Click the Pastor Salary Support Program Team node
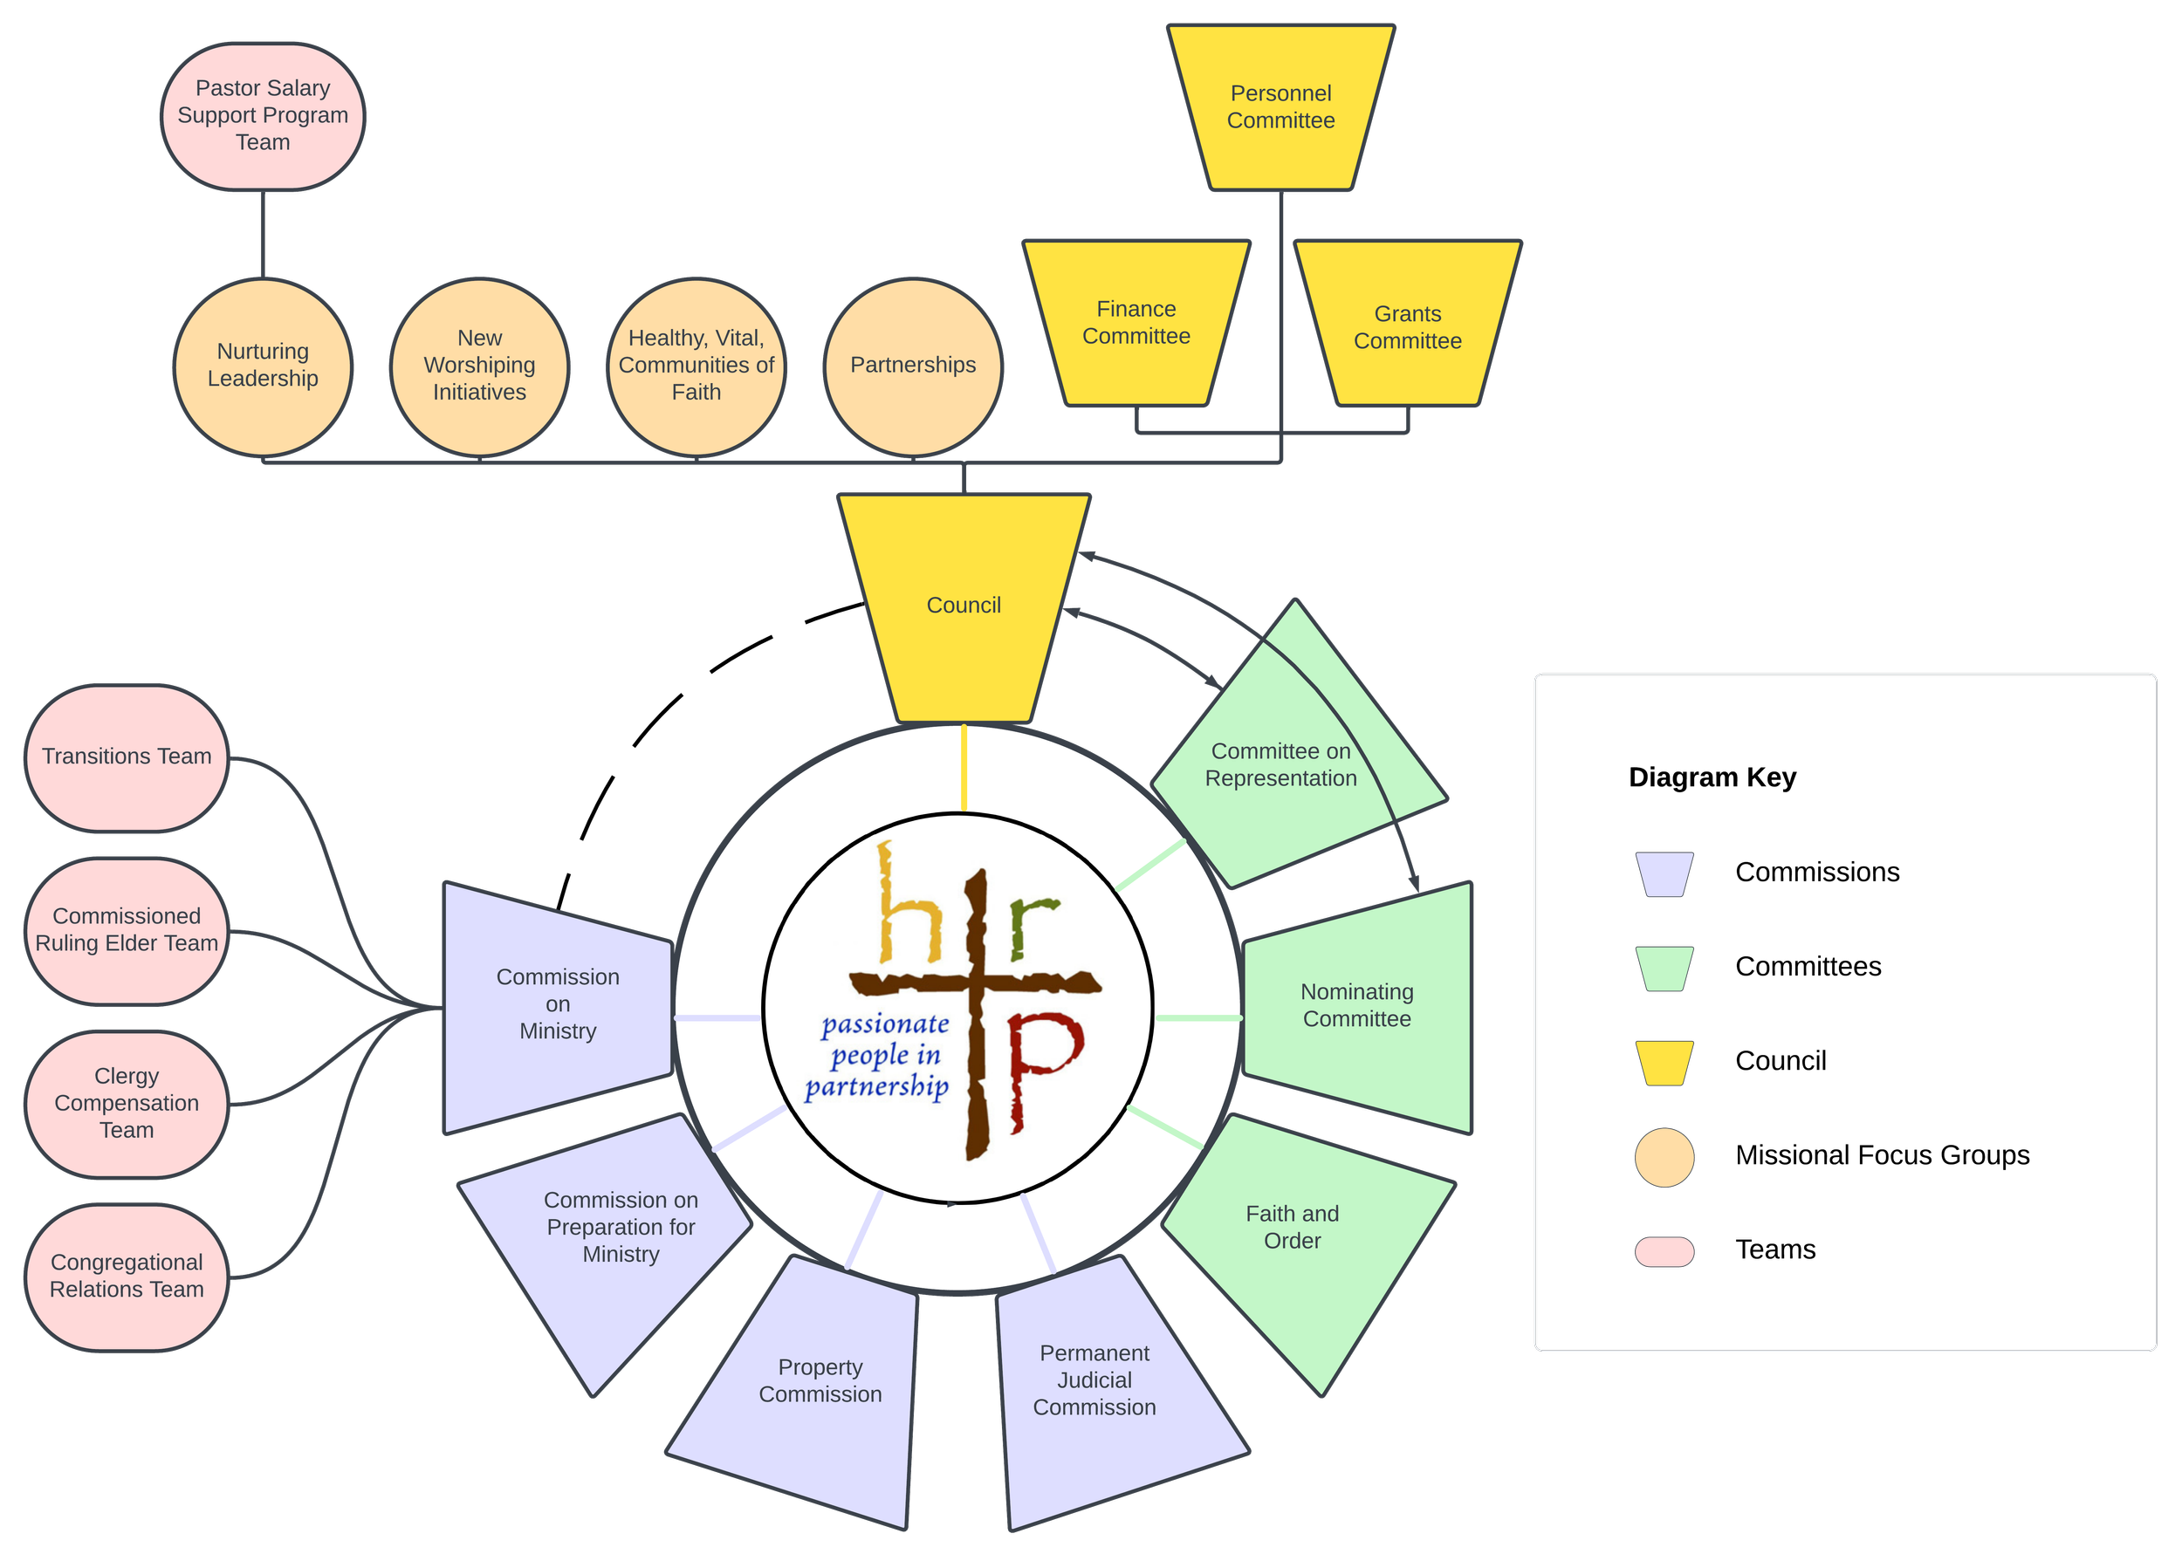click(x=263, y=115)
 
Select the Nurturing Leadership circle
click(x=263, y=366)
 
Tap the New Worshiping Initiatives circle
click(x=478, y=366)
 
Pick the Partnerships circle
click(x=912, y=366)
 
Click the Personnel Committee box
click(x=1280, y=106)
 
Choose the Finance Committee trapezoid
click(x=1136, y=323)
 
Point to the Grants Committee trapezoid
click(x=1407, y=327)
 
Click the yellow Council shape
click(x=964, y=606)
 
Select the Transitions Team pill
click(x=126, y=757)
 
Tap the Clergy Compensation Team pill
click(x=126, y=1104)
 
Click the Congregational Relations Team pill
click(x=126, y=1277)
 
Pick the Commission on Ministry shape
click(x=558, y=1004)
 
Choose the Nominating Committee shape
click(x=1357, y=1005)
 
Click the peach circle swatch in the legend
click(x=1664, y=1157)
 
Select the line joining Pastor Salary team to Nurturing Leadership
click(x=263, y=235)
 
